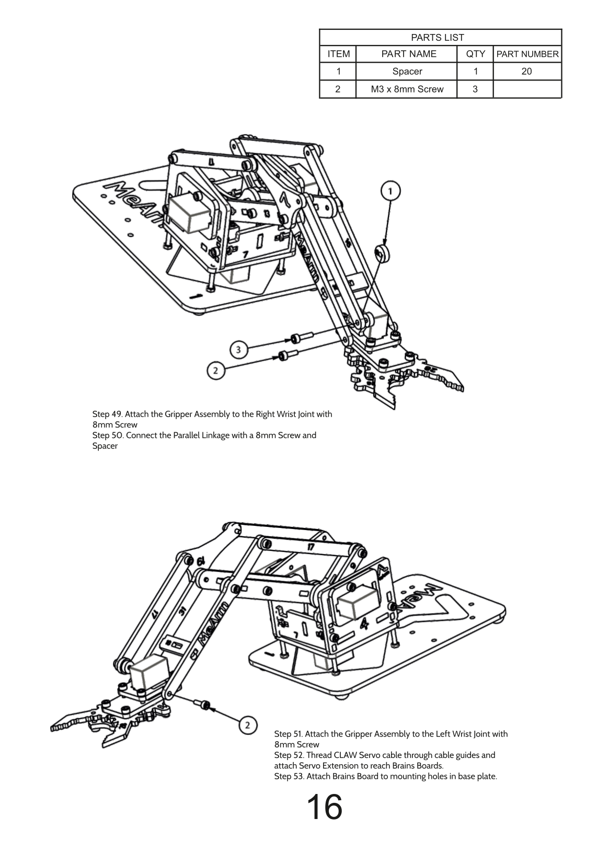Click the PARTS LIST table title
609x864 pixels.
(437, 38)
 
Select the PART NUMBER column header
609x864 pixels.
(527, 54)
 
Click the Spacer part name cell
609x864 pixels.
(407, 72)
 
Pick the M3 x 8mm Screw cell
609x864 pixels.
(407, 89)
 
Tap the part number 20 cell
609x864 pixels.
(526, 72)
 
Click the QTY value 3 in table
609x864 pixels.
(475, 89)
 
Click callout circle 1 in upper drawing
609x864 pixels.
(390, 191)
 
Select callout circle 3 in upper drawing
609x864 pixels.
(238, 349)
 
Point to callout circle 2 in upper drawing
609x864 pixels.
(215, 371)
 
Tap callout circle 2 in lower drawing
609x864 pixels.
(248, 725)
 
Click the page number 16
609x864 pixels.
(324, 807)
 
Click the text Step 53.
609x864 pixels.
(289, 776)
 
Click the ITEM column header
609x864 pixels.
(338, 54)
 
